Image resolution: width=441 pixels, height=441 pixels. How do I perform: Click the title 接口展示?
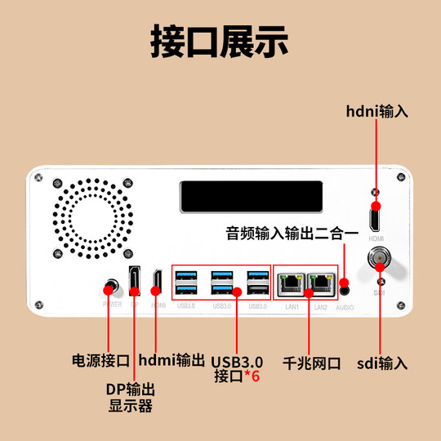click(x=220, y=42)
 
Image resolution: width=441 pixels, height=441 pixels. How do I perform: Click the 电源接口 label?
click(x=101, y=360)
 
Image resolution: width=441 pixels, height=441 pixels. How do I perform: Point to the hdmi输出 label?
click(x=171, y=360)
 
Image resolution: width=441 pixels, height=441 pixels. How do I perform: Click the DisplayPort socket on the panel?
click(x=134, y=281)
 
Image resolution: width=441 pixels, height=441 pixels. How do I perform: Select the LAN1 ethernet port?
click(x=289, y=283)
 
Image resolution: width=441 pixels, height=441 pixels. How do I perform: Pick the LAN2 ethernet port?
click(x=321, y=283)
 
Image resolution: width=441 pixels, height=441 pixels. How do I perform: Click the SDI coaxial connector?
click(x=380, y=262)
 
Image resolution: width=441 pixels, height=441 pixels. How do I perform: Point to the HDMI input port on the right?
click(x=376, y=218)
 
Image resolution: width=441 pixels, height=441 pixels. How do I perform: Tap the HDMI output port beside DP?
click(x=157, y=283)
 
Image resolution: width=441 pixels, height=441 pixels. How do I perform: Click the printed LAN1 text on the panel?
click(x=292, y=307)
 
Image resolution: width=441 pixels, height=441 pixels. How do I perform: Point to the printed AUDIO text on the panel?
click(x=345, y=309)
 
